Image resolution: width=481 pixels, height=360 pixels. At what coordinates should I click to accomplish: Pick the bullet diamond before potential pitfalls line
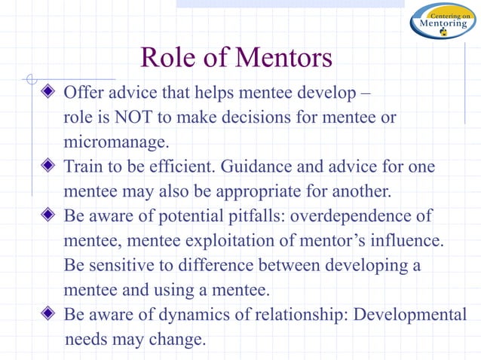coord(49,216)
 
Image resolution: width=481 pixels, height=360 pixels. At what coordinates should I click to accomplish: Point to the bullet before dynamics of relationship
coord(49,314)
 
